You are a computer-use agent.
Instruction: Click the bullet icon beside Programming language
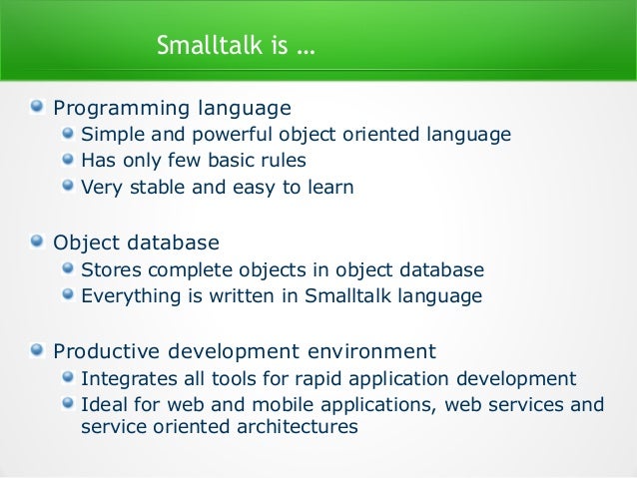pyautogui.click(x=37, y=107)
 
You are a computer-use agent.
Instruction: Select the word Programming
pyautogui.click(x=112, y=108)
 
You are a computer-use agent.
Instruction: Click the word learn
pyautogui.click(x=331, y=187)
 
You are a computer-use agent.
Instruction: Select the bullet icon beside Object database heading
pyautogui.click(x=37, y=242)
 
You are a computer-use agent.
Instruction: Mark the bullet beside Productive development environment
pyautogui.click(x=37, y=350)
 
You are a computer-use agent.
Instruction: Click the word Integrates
pyautogui.click(x=125, y=379)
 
